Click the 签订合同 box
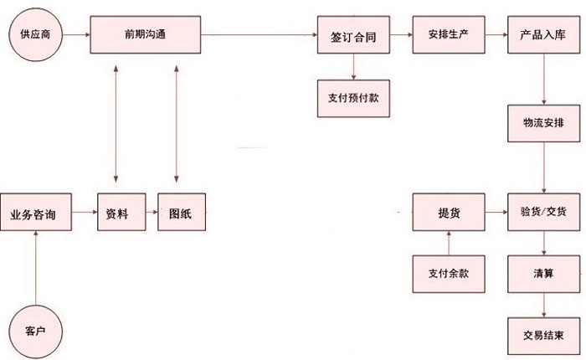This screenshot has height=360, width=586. point(352,36)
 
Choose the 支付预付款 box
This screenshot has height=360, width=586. point(352,96)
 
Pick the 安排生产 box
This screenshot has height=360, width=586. point(448,36)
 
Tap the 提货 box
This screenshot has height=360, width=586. point(449,212)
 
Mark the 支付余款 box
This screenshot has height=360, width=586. point(449,273)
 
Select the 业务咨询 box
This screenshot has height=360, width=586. point(35,214)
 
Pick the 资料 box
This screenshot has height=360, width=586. point(116,214)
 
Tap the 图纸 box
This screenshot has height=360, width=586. point(179,214)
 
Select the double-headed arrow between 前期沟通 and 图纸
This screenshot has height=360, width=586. point(177,126)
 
